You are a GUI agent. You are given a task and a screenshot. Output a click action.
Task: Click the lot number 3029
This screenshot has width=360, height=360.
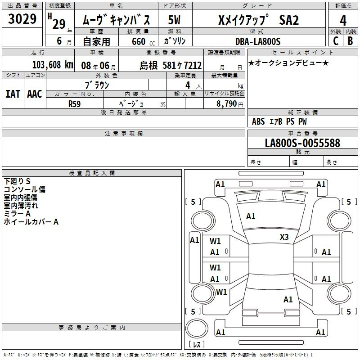click(22, 19)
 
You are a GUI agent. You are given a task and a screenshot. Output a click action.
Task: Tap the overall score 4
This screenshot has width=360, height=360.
click(343, 20)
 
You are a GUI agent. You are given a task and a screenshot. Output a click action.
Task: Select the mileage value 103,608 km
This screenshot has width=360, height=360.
click(53, 65)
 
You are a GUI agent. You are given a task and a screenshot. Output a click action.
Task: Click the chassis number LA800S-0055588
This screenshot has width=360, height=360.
click(302, 143)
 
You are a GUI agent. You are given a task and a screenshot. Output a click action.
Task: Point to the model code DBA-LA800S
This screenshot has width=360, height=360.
click(258, 41)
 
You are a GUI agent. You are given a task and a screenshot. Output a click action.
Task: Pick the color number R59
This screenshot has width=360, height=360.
click(74, 104)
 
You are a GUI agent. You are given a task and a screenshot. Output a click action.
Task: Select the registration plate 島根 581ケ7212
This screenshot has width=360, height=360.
click(171, 65)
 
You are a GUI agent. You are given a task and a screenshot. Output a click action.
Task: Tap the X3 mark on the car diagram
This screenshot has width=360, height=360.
click(284, 237)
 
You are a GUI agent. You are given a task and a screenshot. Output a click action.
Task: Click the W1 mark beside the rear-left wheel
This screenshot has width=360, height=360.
click(221, 292)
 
